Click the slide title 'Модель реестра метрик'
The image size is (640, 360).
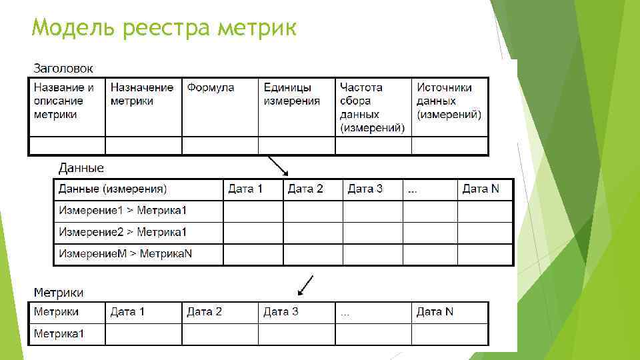click(x=164, y=29)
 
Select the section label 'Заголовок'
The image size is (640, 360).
click(x=63, y=68)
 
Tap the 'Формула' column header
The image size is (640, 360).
click(x=211, y=87)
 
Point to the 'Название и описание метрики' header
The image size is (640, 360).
click(x=64, y=101)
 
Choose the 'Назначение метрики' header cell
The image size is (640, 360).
click(x=142, y=94)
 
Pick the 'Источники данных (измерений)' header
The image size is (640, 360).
click(x=449, y=101)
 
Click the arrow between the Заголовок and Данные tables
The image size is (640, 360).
click(x=277, y=166)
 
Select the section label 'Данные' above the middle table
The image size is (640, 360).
click(x=81, y=168)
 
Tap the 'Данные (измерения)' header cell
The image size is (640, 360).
click(x=113, y=189)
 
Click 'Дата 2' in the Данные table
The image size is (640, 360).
click(x=305, y=189)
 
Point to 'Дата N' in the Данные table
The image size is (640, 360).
click(x=480, y=189)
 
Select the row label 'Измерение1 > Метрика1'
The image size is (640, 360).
click(x=123, y=211)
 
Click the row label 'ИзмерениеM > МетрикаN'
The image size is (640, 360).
click(x=125, y=253)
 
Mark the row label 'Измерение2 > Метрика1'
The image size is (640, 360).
click(x=123, y=232)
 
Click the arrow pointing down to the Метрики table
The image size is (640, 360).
click(x=306, y=285)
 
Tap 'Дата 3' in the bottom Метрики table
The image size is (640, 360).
click(x=281, y=312)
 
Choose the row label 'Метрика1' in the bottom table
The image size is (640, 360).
click(x=59, y=333)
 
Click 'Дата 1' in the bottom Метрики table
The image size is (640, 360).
click(x=127, y=312)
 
